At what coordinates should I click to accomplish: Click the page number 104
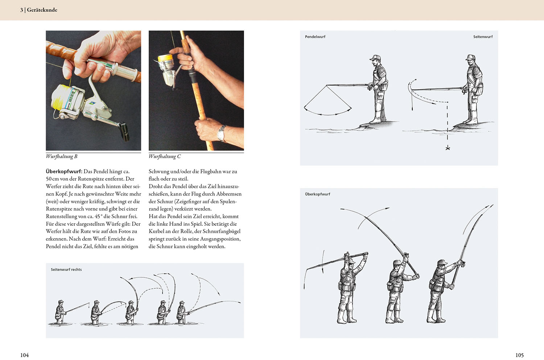point(25,355)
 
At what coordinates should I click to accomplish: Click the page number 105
point(519,355)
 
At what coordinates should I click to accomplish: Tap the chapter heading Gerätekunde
point(42,10)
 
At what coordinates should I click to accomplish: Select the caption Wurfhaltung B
point(62,156)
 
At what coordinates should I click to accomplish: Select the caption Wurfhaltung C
point(165,156)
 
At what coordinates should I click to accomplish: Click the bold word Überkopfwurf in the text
point(64,171)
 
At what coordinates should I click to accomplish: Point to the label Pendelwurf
point(315,37)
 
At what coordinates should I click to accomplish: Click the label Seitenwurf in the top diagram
point(483,37)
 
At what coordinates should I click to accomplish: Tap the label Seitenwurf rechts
point(66,270)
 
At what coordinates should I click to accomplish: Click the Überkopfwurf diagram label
point(317,194)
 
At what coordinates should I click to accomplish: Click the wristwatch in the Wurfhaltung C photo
point(221,133)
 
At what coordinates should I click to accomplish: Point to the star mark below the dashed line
point(448,148)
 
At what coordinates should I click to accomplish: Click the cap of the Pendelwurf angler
point(375,58)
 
